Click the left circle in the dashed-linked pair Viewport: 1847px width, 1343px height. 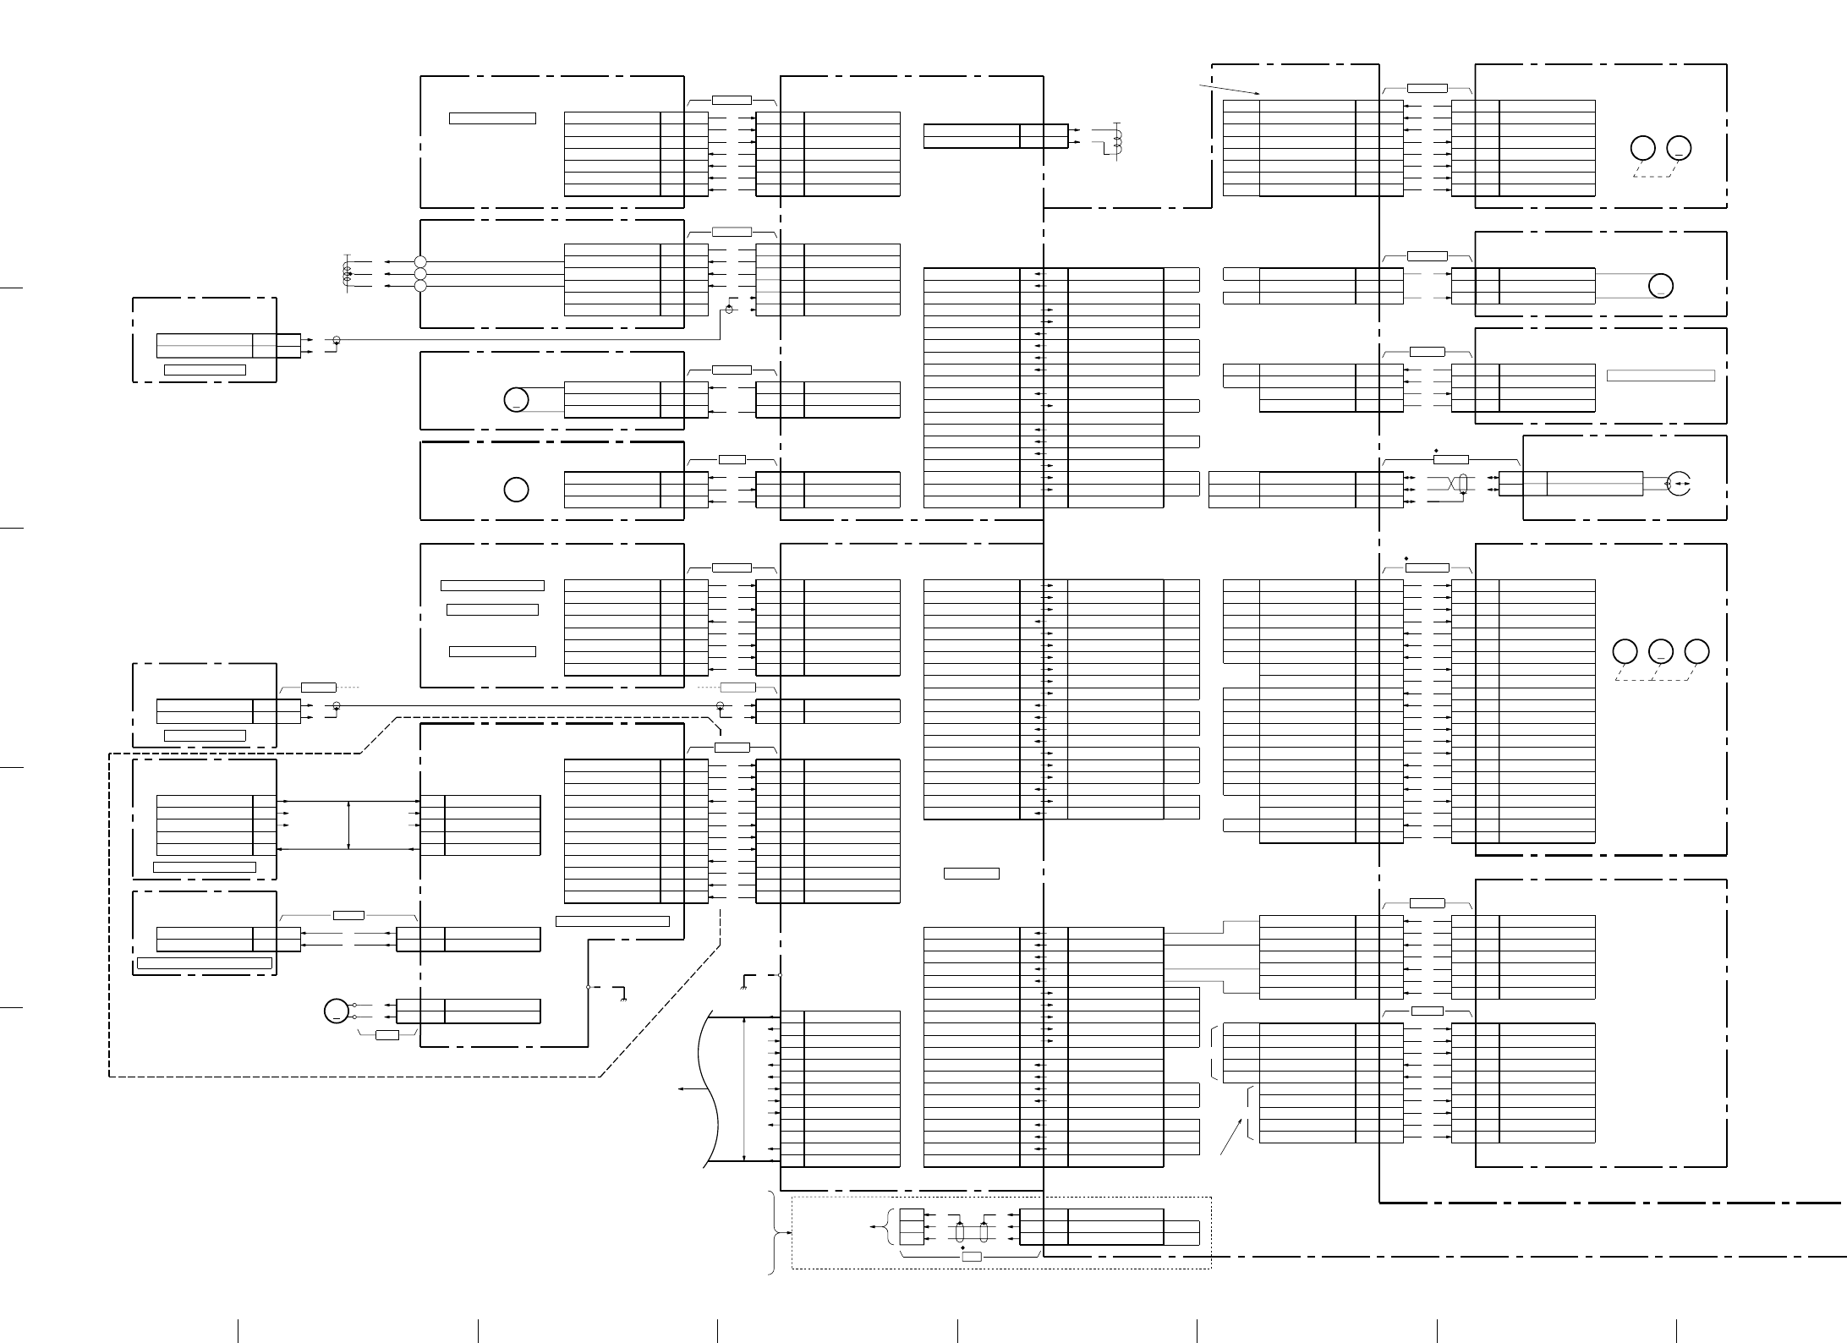(1642, 148)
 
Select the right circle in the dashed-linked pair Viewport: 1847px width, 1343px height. (1679, 148)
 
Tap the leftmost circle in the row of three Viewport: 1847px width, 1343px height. (1625, 652)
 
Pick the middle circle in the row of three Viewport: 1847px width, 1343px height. (1661, 652)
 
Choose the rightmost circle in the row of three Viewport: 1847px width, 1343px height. (1696, 652)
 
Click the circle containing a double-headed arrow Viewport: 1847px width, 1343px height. (1679, 485)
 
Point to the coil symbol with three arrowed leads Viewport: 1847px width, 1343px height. (347, 274)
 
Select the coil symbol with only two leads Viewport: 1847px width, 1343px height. (1118, 143)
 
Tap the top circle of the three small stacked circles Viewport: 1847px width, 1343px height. (420, 262)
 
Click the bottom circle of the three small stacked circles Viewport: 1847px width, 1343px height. (420, 286)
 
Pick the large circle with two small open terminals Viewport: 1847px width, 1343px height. (337, 1011)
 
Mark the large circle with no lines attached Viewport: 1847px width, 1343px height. (516, 490)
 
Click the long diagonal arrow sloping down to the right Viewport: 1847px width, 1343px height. (1230, 90)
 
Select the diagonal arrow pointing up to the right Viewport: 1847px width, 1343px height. (1232, 1137)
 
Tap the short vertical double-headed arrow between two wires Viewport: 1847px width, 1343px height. (348, 825)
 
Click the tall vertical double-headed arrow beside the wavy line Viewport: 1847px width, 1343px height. (744, 1089)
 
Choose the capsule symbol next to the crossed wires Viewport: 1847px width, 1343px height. (1463, 484)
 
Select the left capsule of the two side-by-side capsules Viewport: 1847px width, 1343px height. (960, 1232)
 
